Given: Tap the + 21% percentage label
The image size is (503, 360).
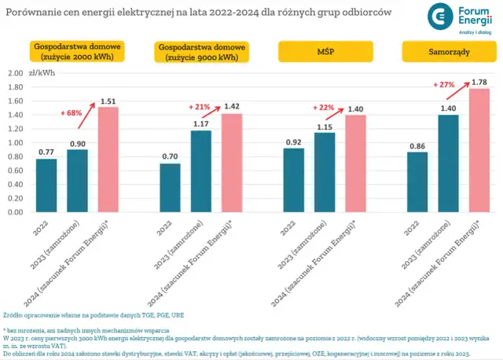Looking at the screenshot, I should [x=200, y=107].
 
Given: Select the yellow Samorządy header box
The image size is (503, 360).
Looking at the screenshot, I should [x=441, y=53].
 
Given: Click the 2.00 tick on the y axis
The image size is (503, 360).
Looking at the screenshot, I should [x=14, y=73].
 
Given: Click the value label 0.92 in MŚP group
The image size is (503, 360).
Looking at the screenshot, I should [x=294, y=141].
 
